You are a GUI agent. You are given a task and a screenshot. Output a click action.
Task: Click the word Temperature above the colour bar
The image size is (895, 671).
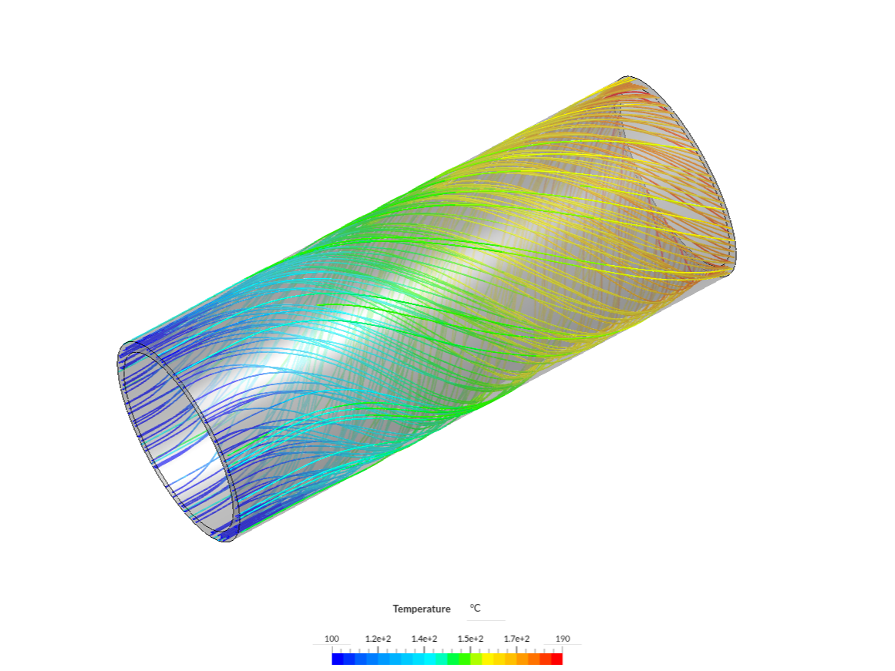pyautogui.click(x=421, y=609)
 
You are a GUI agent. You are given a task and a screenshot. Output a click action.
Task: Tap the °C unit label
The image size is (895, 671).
pyautogui.click(x=475, y=609)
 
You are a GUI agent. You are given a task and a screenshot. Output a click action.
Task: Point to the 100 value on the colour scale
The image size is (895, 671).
pyautogui.click(x=331, y=639)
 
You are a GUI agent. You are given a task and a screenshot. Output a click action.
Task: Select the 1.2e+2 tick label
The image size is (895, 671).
pyautogui.click(x=378, y=639)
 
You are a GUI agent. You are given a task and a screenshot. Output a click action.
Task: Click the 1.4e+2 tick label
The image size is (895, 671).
pyautogui.click(x=424, y=639)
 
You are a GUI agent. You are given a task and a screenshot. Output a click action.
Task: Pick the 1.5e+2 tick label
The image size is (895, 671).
pyautogui.click(x=470, y=639)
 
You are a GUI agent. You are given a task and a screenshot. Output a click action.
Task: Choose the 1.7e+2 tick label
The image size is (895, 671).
pyautogui.click(x=516, y=639)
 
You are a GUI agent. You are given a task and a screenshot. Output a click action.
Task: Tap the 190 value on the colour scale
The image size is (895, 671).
pyautogui.click(x=563, y=639)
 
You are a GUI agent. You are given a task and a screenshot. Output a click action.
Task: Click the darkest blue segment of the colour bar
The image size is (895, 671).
pyautogui.click(x=338, y=659)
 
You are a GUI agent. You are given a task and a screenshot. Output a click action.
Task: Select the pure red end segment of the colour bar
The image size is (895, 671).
pyautogui.click(x=557, y=659)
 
